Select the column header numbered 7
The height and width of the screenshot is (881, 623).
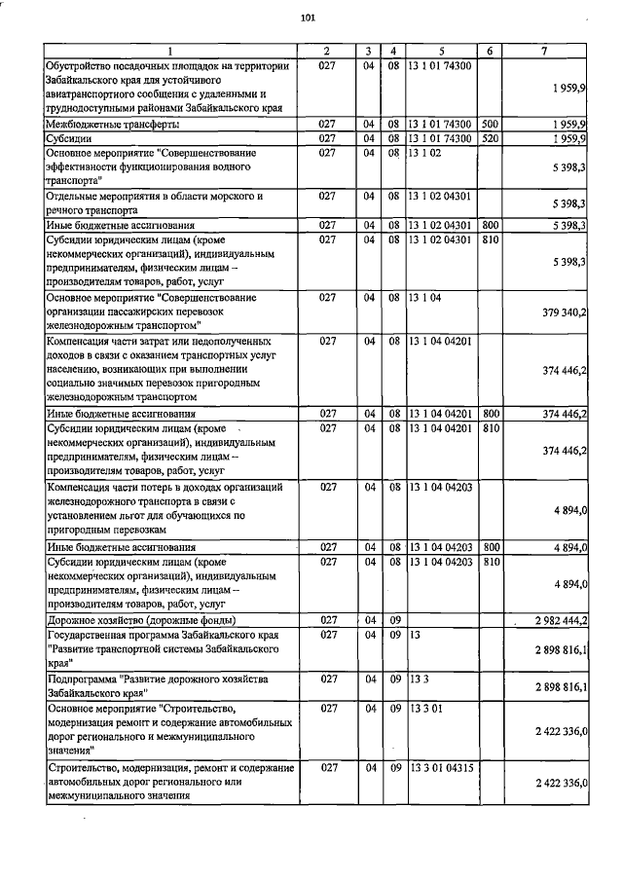(x=544, y=51)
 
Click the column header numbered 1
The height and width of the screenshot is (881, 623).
(x=169, y=51)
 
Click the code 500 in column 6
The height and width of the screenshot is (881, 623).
(x=490, y=125)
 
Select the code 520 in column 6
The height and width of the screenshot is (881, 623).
(x=490, y=138)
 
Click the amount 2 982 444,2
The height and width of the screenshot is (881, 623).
(x=554, y=619)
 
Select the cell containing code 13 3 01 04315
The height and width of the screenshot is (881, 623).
(x=442, y=769)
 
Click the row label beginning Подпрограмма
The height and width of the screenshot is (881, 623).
(x=145, y=685)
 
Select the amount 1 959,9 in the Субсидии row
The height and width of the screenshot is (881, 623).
(x=564, y=138)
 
